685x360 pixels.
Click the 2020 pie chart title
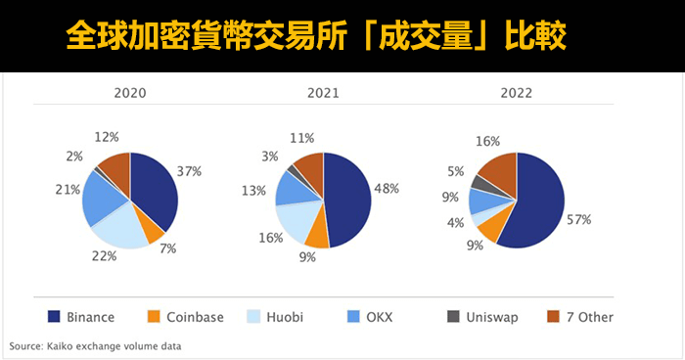130,94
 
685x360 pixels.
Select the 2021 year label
322,94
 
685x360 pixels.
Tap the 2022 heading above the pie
516,94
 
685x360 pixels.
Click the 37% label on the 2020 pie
189,171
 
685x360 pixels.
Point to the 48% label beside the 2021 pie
386,189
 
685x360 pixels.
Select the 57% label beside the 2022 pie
579,220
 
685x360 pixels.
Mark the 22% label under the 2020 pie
105,256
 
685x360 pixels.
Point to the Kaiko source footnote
96,346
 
